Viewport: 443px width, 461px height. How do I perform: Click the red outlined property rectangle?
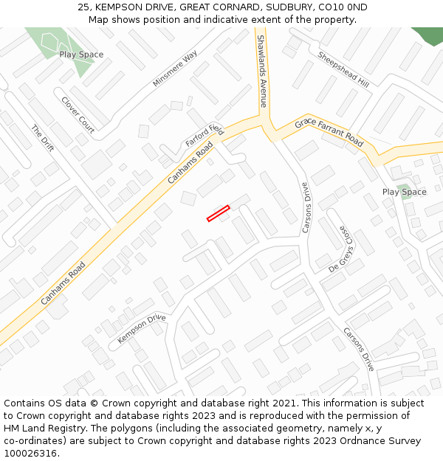click(x=218, y=213)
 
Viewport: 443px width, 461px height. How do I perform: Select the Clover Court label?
click(x=78, y=115)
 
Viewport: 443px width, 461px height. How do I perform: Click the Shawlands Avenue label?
click(x=261, y=70)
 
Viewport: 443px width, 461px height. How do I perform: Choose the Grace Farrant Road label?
click(x=329, y=131)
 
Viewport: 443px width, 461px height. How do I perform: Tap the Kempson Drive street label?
click(x=142, y=329)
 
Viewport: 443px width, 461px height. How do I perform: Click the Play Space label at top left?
click(x=81, y=55)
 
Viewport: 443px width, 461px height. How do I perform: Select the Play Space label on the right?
click(x=404, y=192)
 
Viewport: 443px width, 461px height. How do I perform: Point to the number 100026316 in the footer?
click(x=32, y=454)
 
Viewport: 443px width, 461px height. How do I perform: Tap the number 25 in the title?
click(x=83, y=7)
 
